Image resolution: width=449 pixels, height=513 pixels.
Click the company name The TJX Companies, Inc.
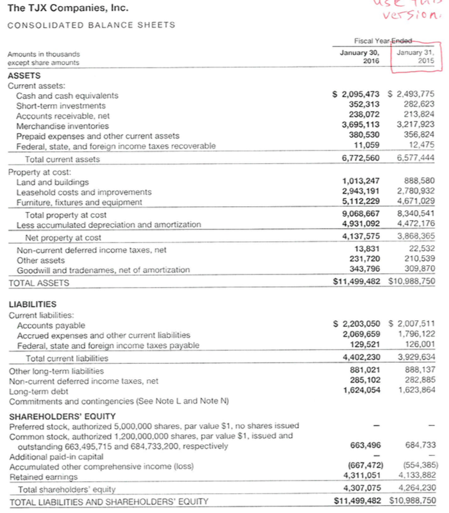click(x=59, y=9)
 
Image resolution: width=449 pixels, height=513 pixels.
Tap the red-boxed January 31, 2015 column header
click(x=415, y=57)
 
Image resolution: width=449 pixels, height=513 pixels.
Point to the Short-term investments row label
click(x=60, y=106)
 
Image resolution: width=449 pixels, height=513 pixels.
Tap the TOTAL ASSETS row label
click(x=38, y=283)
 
